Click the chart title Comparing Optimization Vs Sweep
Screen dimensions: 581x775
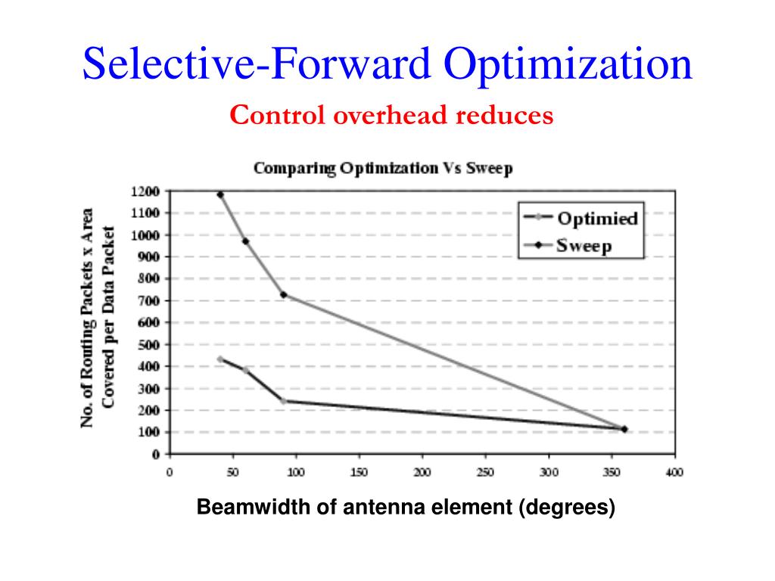pos(382,168)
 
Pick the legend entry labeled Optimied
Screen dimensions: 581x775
pos(597,219)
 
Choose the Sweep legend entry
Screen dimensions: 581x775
pos(584,245)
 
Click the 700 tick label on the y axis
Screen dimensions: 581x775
pos(150,301)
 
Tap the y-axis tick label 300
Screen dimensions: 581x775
pos(150,389)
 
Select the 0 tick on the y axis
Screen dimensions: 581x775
pos(156,455)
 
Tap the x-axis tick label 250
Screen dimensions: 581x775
pos(485,473)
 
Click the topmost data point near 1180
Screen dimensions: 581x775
pos(220,195)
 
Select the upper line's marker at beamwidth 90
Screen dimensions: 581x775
pos(284,294)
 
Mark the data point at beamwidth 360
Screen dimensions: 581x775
pos(624,429)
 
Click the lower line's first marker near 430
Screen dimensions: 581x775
pos(220,359)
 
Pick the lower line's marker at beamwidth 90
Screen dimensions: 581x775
pos(284,401)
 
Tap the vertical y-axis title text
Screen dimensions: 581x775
pos(98,318)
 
